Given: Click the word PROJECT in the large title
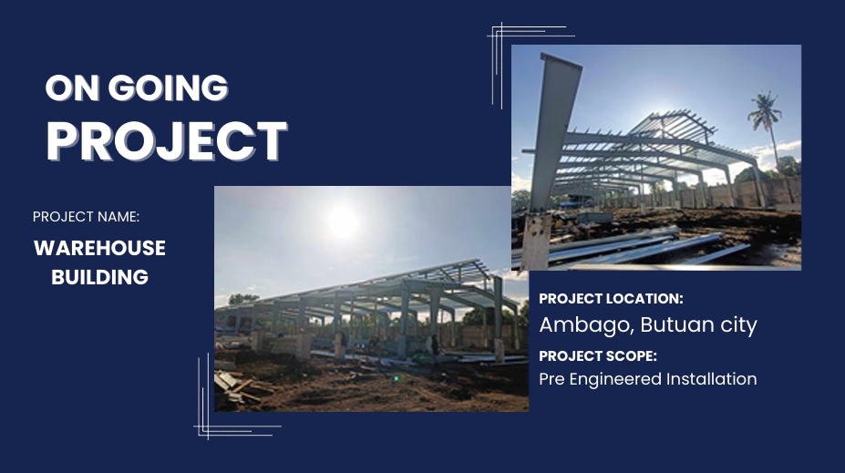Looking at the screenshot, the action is pyautogui.click(x=167, y=141).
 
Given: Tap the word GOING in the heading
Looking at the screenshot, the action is pyautogui.click(x=168, y=87).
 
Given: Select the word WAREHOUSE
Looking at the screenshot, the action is pyautogui.click(x=99, y=249).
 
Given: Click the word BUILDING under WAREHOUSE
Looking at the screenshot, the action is pyautogui.click(x=99, y=277).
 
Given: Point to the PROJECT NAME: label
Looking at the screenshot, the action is pyautogui.click(x=86, y=217).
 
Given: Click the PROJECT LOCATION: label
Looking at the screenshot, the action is pyautogui.click(x=611, y=299).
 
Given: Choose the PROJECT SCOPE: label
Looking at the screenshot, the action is pyautogui.click(x=598, y=356).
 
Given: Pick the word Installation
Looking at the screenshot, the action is pyautogui.click(x=711, y=379).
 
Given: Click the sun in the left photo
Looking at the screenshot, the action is pyautogui.click(x=343, y=221).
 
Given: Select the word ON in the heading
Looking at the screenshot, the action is pyautogui.click(x=73, y=87).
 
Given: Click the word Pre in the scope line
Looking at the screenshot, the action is pyautogui.click(x=551, y=379).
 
